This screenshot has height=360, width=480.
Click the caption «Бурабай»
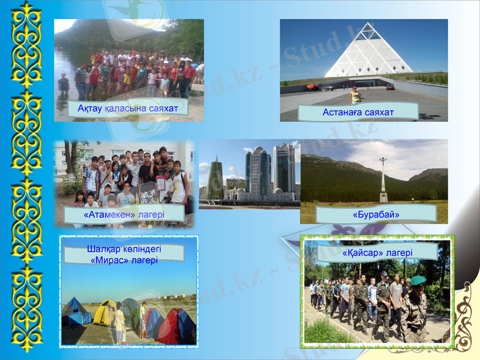376,214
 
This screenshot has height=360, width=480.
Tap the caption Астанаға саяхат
358,112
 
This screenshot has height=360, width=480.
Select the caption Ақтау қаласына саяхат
128,108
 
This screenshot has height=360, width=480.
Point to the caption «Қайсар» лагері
378,253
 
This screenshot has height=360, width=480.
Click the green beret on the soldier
418,280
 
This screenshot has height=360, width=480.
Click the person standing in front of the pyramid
356,95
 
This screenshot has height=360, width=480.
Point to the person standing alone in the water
64,83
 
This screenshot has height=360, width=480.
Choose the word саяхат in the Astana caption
378,112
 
